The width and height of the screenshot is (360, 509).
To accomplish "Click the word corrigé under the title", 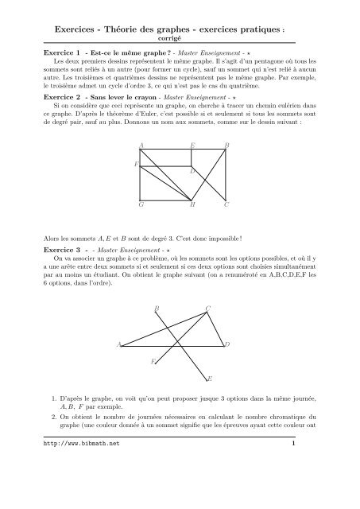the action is (180, 37).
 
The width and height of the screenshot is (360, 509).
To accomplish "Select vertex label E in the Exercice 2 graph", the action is (193, 146).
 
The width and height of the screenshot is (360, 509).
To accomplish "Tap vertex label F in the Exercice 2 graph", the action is (136, 164).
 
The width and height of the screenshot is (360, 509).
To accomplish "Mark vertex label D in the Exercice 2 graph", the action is (192, 171).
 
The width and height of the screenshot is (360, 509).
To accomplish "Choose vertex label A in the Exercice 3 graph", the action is (119, 344).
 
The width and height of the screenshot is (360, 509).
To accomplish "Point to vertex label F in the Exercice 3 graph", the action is (153, 362).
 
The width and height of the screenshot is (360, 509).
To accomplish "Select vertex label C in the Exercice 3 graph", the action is (208, 308).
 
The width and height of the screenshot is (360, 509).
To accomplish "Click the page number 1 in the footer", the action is (293, 488).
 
